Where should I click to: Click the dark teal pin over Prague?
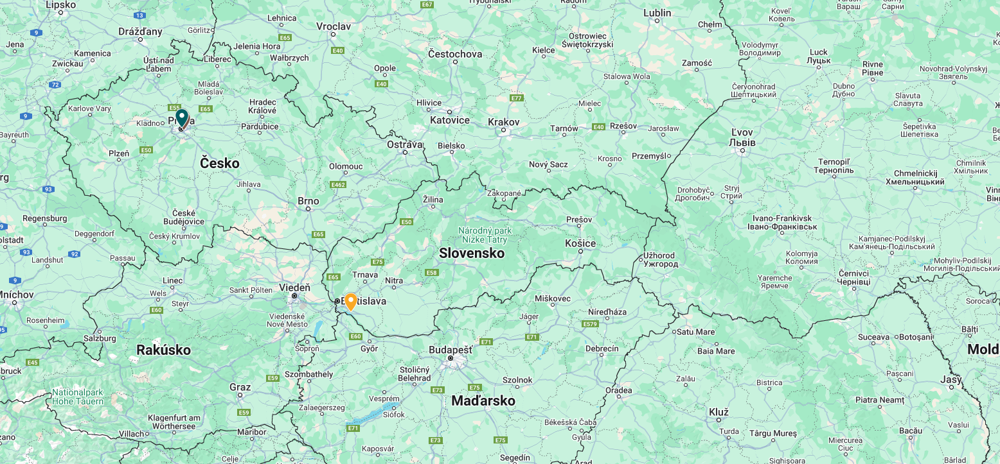182,118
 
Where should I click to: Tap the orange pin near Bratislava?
351,301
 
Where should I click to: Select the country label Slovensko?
472,253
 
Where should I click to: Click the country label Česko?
219,163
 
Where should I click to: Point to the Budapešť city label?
451,350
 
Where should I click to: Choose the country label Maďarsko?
483,401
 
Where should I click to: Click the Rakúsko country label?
163,350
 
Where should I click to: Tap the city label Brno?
308,201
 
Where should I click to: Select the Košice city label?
580,243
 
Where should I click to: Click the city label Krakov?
503,122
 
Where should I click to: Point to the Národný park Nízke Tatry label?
485,235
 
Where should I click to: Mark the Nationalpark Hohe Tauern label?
78,397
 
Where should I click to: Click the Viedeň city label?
294,288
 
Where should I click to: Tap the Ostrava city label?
405,144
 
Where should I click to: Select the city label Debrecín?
602,348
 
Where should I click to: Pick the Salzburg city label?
100,338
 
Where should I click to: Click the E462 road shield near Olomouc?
338,185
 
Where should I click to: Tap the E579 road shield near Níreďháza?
590,324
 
